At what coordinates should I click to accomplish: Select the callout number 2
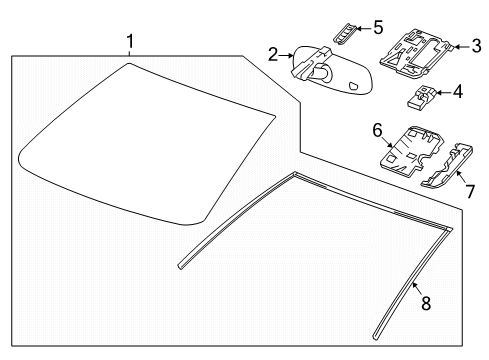(x=273, y=55)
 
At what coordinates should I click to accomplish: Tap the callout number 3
(x=476, y=44)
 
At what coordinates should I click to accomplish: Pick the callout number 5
(x=376, y=26)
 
